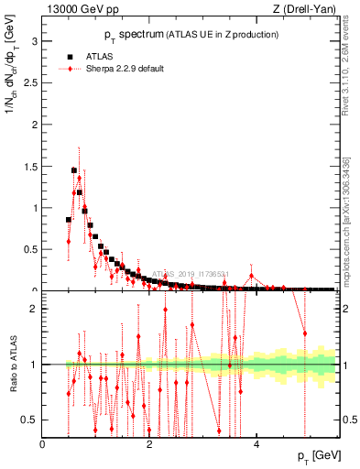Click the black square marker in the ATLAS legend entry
[70, 55]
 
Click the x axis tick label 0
[43, 444]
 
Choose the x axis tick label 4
[256, 444]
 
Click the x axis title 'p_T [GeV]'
[314, 455]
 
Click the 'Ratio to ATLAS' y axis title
[13, 366]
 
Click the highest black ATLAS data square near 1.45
[74, 170]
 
